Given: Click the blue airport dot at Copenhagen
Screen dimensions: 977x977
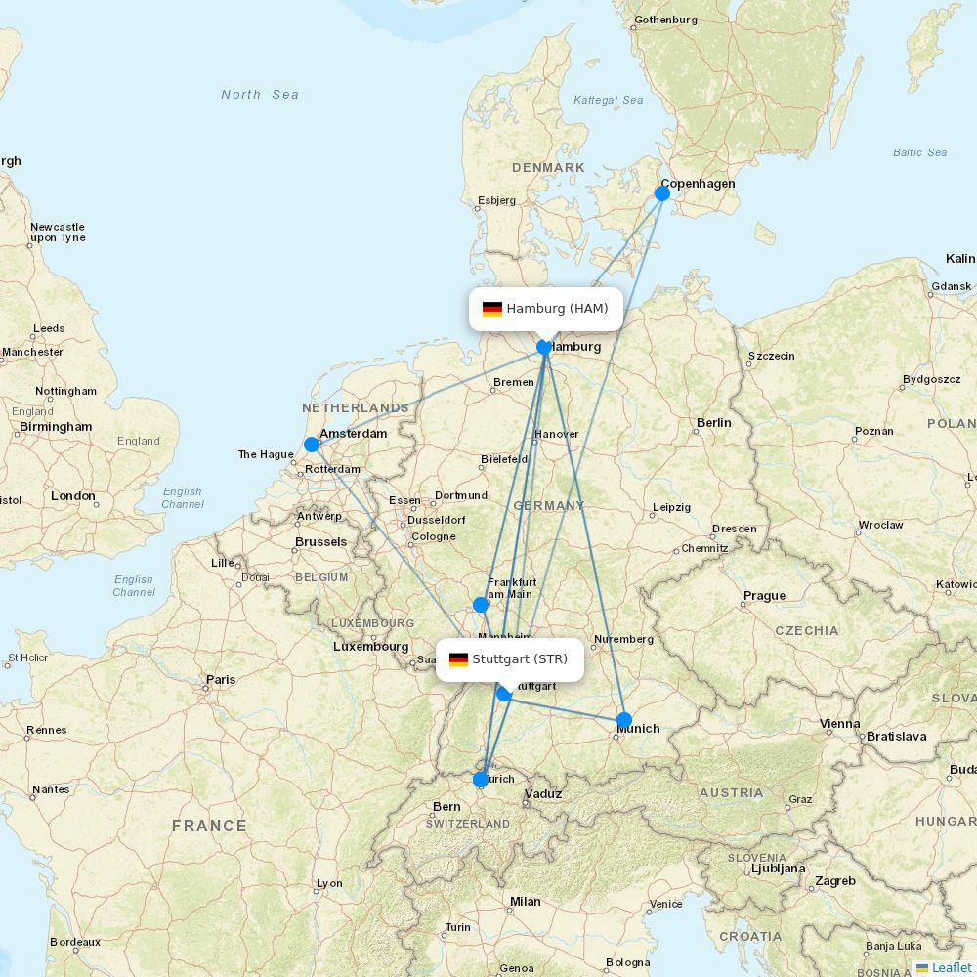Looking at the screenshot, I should [662, 193].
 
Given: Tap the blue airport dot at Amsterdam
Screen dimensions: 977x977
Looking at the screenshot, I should [312, 445].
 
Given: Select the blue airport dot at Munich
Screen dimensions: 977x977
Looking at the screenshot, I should [624, 720].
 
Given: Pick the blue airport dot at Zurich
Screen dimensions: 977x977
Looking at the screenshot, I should [481, 780].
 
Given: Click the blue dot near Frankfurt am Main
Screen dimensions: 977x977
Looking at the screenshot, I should [481, 605].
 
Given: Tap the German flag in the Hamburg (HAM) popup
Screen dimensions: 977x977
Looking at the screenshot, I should [492, 309].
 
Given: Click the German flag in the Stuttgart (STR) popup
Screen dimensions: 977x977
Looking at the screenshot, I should [458, 659].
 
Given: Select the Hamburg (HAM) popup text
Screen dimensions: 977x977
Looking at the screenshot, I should [557, 309].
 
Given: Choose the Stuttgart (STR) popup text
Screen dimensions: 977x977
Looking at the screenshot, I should [520, 659].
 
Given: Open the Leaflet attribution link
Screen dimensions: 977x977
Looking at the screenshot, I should [951, 967].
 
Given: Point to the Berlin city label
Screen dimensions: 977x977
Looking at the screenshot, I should [714, 423].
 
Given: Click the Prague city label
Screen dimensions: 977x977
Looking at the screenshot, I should [764, 596].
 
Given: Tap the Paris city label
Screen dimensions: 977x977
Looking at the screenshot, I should [221, 680].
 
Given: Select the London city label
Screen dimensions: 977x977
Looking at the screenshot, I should [73, 496].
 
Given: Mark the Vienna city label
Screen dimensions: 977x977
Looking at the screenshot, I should [840, 725].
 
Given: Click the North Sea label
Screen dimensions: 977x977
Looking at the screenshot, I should [260, 95].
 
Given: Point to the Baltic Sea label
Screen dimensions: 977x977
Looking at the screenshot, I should [919, 152].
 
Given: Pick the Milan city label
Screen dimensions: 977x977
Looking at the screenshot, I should [525, 902].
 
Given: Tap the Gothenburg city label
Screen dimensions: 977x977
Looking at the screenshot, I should [665, 20].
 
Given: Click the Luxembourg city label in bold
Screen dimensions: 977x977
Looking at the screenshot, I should [370, 647].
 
